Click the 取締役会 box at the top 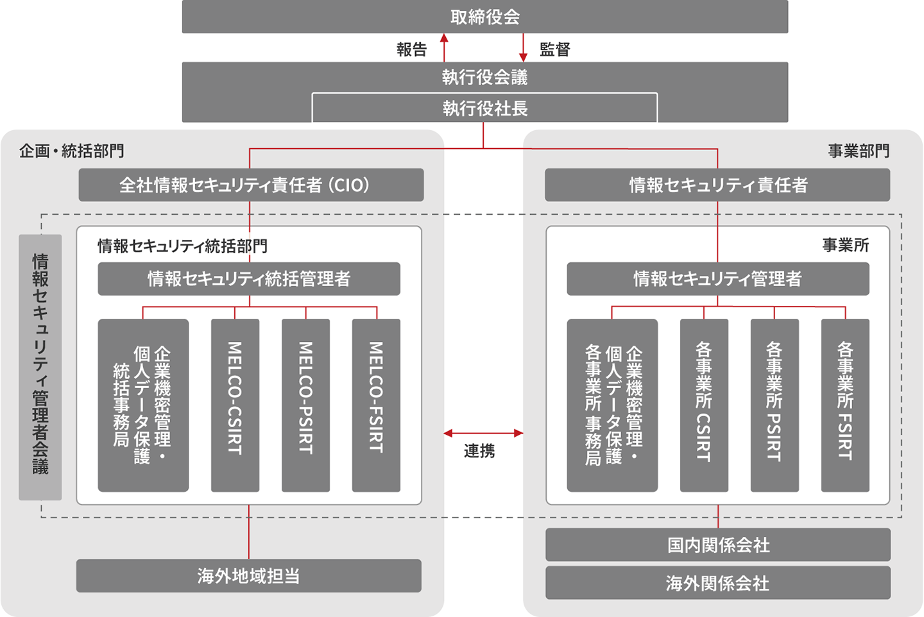[484, 17]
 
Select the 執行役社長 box [484, 108]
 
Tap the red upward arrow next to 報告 [444, 47]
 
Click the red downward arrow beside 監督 [523, 47]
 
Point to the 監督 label [554, 49]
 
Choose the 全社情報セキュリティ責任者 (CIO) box [251, 185]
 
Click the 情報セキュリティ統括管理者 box [249, 278]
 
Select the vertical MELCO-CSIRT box [235, 405]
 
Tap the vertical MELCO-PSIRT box [305, 405]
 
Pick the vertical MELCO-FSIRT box [376, 405]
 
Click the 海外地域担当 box [249, 575]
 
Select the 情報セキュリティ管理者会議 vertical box [40, 367]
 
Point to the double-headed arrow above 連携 [483, 434]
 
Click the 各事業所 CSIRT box [704, 405]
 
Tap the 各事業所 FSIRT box [845, 405]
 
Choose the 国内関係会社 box [718, 545]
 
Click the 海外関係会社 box [718, 582]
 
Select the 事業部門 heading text [859, 151]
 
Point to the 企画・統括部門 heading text [71, 151]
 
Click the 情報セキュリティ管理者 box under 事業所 [718, 278]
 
